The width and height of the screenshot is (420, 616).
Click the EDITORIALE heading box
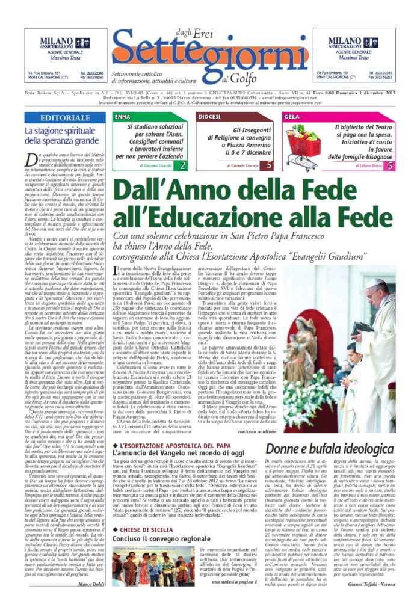click(66, 117)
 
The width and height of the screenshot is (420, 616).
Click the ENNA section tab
click(123, 115)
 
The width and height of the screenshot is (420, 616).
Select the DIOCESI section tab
click(209, 115)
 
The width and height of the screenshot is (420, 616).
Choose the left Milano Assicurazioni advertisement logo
click(52, 42)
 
